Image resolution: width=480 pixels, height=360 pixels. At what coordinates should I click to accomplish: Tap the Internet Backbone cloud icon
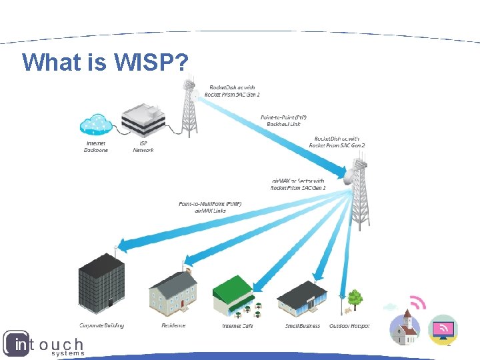click(x=97, y=125)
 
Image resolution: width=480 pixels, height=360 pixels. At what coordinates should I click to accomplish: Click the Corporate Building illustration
click(x=101, y=284)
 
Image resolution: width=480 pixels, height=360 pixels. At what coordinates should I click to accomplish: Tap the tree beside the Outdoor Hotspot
click(x=355, y=298)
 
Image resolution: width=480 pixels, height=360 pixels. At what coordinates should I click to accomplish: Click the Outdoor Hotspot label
click(x=349, y=326)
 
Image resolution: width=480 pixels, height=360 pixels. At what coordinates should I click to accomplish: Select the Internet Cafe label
click(x=237, y=326)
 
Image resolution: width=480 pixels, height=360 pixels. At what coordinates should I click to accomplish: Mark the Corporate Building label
click(x=101, y=326)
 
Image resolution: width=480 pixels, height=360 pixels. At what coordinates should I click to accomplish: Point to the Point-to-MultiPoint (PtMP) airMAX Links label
click(x=210, y=207)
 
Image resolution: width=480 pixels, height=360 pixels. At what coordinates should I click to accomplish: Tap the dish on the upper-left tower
click(x=195, y=95)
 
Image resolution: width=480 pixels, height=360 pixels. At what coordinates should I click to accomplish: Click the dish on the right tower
click(x=351, y=175)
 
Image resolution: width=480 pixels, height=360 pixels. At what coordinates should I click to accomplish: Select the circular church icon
click(x=405, y=327)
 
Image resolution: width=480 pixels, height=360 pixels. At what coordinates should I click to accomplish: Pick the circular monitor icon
click(x=443, y=329)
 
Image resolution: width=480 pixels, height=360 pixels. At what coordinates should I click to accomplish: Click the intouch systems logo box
click(x=16, y=344)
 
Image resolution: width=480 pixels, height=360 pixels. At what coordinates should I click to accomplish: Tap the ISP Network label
click(x=143, y=147)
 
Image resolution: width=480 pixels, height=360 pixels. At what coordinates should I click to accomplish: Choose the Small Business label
click(x=303, y=326)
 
